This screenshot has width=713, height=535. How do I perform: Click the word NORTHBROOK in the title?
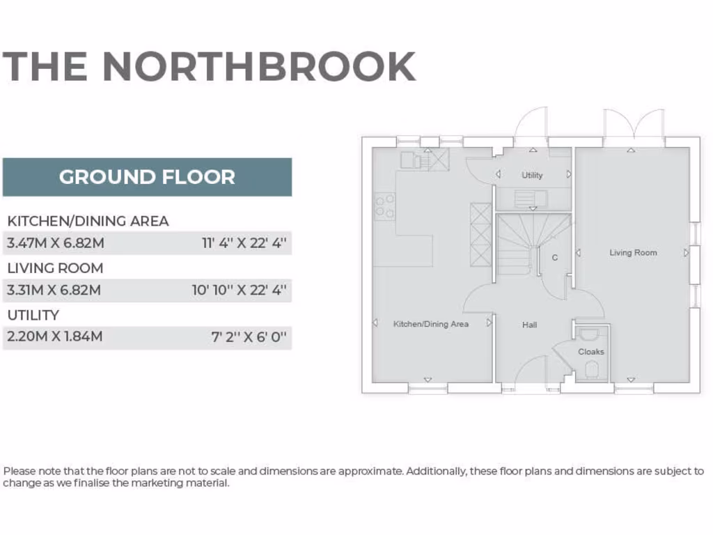(x=259, y=66)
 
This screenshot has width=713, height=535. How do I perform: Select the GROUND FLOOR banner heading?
(x=147, y=177)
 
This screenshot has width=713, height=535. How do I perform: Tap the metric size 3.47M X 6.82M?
(x=56, y=244)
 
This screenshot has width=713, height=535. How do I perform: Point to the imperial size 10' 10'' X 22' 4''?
(x=240, y=290)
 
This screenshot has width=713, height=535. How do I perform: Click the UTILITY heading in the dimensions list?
(x=33, y=315)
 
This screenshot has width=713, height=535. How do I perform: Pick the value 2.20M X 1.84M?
(x=54, y=337)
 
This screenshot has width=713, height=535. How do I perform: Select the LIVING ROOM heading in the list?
(x=55, y=268)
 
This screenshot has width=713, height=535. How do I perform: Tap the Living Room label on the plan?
(x=633, y=253)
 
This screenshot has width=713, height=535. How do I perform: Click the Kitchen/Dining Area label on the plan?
(x=430, y=324)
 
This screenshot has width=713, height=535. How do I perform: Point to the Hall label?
(x=530, y=325)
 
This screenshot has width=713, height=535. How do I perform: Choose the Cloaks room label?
(x=591, y=352)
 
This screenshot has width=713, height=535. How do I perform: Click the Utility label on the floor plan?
(x=532, y=176)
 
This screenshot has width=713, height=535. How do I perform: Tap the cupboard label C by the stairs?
(x=555, y=258)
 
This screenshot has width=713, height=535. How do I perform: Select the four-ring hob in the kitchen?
(x=385, y=207)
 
